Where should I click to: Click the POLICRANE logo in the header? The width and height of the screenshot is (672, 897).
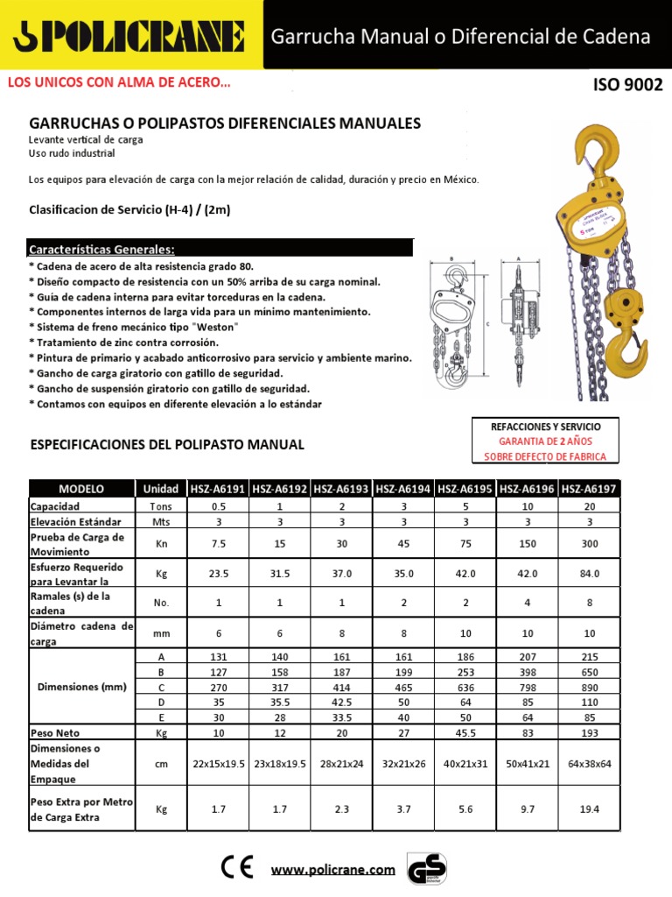(129, 37)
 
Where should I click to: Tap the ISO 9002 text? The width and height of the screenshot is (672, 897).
(627, 85)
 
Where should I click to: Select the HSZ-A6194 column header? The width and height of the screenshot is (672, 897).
(403, 488)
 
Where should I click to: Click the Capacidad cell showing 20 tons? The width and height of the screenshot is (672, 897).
(590, 505)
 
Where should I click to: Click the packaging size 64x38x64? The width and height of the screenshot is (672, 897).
(590, 763)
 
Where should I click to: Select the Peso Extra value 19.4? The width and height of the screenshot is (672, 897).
(590, 810)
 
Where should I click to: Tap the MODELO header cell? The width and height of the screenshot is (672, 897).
(80, 488)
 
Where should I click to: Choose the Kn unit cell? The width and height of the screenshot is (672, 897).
(161, 544)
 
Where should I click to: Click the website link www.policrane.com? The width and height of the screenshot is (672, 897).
(332, 870)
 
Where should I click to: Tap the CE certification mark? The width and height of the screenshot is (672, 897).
(237, 867)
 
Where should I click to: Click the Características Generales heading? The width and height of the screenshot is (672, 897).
(101, 248)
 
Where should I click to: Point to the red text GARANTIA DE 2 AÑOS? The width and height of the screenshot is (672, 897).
(546, 441)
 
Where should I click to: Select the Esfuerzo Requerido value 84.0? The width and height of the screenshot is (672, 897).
(590, 574)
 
